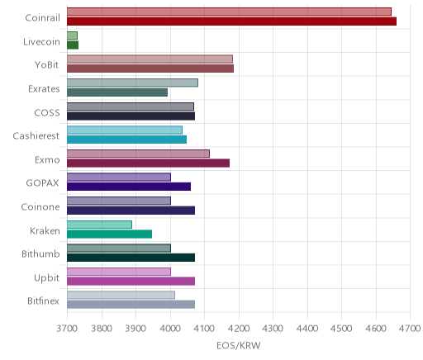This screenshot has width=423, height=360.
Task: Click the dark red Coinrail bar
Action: point(231,21)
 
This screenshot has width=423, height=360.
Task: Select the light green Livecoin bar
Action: point(72,36)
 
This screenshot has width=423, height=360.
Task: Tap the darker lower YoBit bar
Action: point(150,69)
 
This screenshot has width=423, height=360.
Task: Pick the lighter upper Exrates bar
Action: point(132,83)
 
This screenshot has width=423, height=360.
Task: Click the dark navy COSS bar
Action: point(131,116)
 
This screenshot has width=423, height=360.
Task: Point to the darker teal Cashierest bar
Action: point(127,140)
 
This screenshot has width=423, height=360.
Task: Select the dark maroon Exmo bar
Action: point(149,163)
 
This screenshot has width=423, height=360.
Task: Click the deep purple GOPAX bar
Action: point(129,187)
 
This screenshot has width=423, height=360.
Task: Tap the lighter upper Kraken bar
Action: point(99,225)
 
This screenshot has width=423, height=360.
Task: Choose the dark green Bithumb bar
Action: point(131,258)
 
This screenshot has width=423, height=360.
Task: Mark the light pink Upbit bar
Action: point(119,272)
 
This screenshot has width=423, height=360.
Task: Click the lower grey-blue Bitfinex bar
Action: point(131,305)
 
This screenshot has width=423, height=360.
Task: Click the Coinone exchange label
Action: point(40,206)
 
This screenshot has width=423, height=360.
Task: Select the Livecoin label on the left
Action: point(41,41)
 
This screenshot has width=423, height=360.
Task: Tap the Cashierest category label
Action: point(36,135)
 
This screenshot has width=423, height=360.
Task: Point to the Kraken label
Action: point(45,230)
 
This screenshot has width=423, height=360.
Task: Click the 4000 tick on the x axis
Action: point(170,329)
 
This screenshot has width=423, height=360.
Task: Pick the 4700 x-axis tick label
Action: point(410,329)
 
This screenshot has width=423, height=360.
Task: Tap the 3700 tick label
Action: point(67,329)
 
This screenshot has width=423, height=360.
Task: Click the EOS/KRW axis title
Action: point(239,345)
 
